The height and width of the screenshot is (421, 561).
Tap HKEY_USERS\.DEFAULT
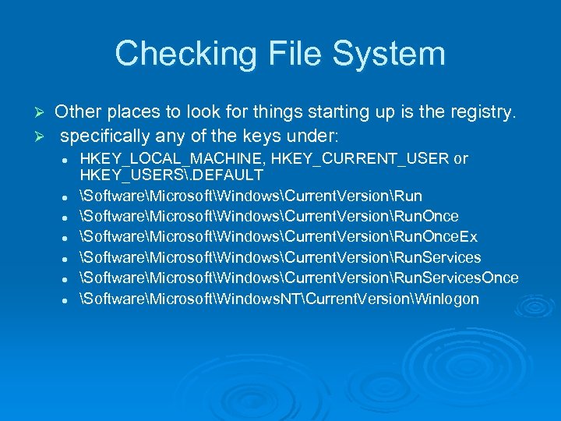coord(171,175)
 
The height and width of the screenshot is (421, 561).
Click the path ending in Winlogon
coord(280,299)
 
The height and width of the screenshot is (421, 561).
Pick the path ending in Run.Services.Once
coord(300,278)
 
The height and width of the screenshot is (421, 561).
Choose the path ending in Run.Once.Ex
coord(278,237)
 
